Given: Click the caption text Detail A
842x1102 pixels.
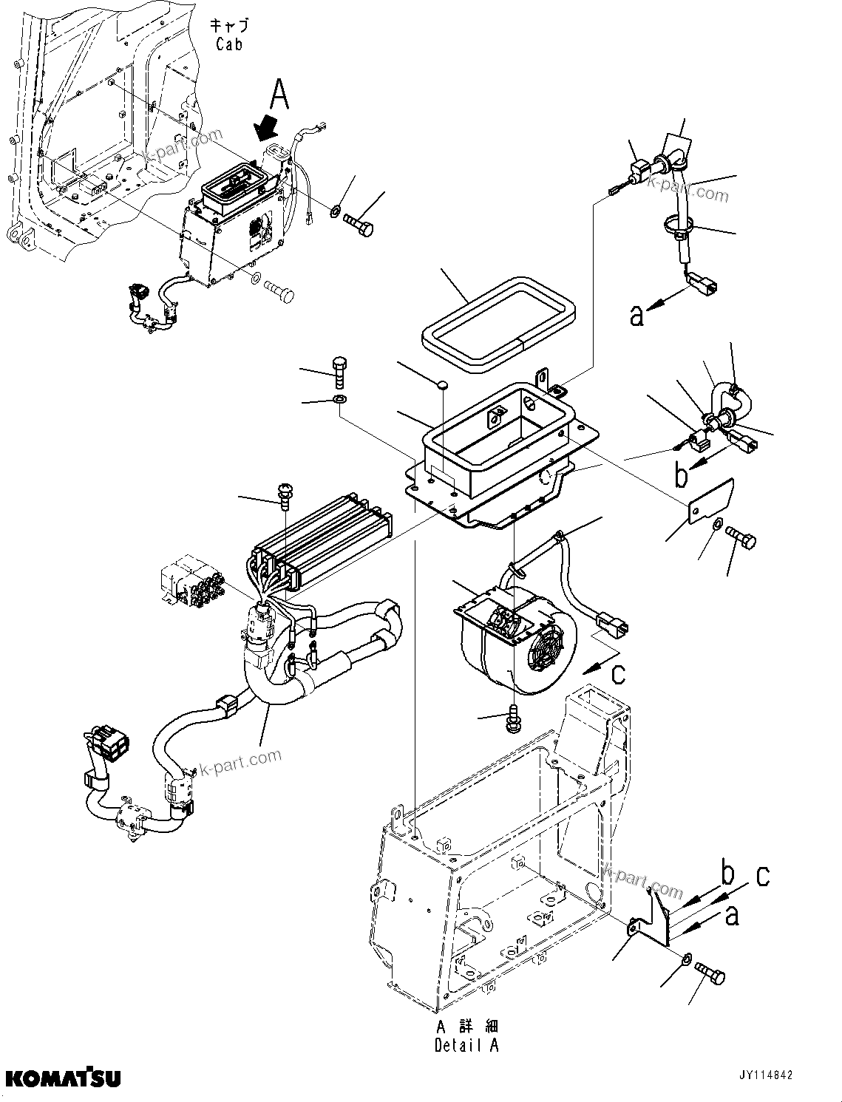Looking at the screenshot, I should click(466, 1045).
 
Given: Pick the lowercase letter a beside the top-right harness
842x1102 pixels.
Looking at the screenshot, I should click(637, 316).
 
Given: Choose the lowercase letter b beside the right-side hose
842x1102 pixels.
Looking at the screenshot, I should click(681, 475).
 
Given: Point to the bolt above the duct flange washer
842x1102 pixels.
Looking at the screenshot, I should click(339, 372).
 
